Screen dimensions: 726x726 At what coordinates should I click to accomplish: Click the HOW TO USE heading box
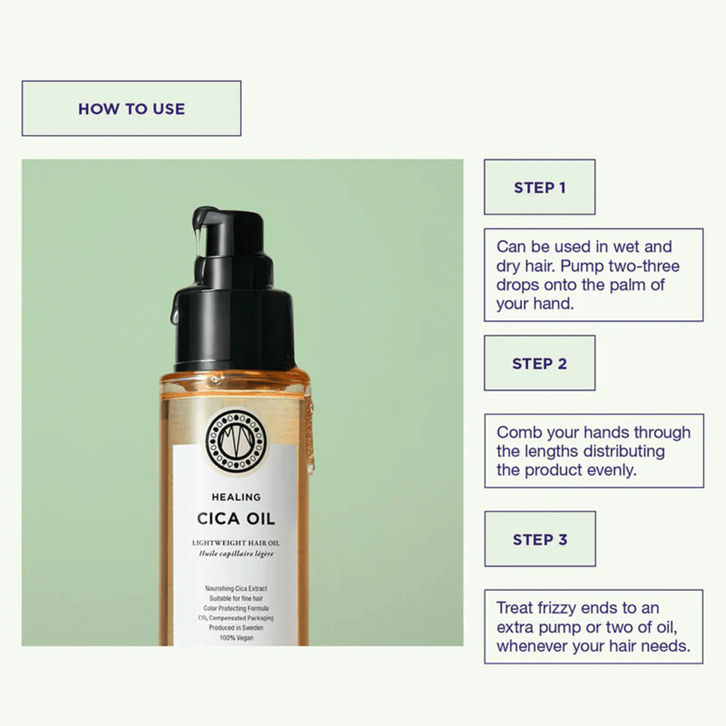tap(131, 109)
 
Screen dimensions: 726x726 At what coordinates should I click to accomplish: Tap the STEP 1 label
tap(539, 187)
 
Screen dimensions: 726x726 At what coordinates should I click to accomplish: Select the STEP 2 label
tap(539, 364)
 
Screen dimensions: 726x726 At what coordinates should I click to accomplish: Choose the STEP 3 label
tap(539, 539)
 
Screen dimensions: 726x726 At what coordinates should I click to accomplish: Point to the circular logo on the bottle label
tap(237, 439)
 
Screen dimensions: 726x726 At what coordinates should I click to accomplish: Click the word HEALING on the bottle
tap(236, 497)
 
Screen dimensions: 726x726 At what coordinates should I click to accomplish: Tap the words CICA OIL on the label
tap(236, 520)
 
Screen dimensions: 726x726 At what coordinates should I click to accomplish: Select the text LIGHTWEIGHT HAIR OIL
tap(236, 542)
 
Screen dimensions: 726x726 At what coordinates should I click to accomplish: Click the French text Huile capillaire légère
tap(236, 554)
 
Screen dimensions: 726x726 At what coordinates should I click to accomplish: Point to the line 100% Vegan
tap(236, 638)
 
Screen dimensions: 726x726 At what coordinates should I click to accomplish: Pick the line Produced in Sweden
tap(236, 628)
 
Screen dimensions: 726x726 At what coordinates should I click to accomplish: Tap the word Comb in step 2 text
tap(519, 433)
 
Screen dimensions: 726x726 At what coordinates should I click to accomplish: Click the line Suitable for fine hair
tap(236, 597)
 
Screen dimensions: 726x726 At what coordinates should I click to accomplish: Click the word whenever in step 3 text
tap(531, 645)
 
